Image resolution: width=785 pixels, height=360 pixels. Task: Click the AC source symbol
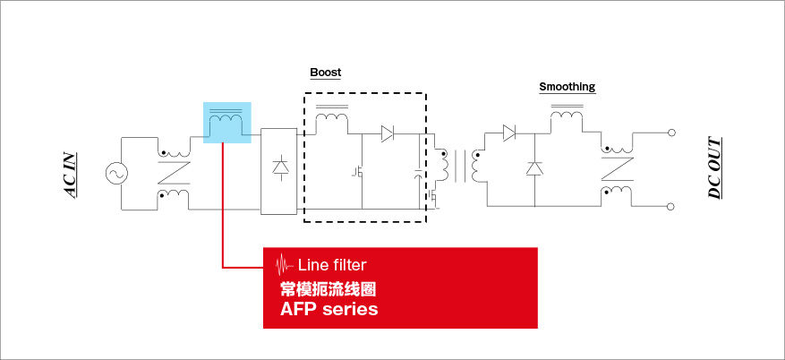point(116,174)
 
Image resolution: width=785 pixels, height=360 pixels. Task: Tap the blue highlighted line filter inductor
point(226,123)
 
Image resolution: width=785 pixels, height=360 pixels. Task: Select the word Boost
point(326,73)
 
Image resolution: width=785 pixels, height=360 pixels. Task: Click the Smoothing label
point(567,87)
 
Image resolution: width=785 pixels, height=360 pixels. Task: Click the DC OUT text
point(714,167)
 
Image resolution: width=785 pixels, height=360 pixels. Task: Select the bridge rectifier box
point(279,171)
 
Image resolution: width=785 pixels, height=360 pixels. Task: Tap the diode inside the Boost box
point(387,133)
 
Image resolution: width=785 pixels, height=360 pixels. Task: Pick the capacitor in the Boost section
point(419,175)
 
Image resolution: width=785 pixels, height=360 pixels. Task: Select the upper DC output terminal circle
point(672,133)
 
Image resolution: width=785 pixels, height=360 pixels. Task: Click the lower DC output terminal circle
point(672,206)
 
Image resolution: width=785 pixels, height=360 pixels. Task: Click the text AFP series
point(329,308)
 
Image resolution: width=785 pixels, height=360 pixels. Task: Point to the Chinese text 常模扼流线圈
point(328,289)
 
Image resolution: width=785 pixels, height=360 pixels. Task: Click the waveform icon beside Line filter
point(285,265)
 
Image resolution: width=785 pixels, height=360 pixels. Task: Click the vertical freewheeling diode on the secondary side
point(534,168)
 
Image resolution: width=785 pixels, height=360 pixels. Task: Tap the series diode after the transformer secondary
point(509,133)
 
